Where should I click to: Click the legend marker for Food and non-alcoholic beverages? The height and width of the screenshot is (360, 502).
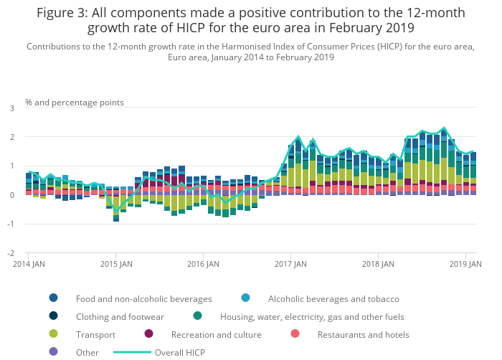pos(54,298)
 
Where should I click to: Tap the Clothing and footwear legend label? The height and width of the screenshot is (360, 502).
pos(120,316)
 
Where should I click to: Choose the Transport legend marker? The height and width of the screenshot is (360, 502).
pos(54,334)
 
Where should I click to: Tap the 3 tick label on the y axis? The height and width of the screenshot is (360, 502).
pos(11,108)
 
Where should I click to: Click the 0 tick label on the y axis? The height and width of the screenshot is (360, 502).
pos(11,195)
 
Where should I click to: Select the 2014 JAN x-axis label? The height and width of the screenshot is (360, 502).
pos(28,264)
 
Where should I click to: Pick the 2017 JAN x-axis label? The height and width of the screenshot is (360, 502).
pos(290,264)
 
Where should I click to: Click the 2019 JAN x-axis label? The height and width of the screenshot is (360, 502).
pos(465,264)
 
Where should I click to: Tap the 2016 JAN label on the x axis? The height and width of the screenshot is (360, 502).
pos(203,264)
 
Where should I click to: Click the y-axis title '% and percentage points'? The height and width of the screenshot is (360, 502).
pos(75,103)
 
